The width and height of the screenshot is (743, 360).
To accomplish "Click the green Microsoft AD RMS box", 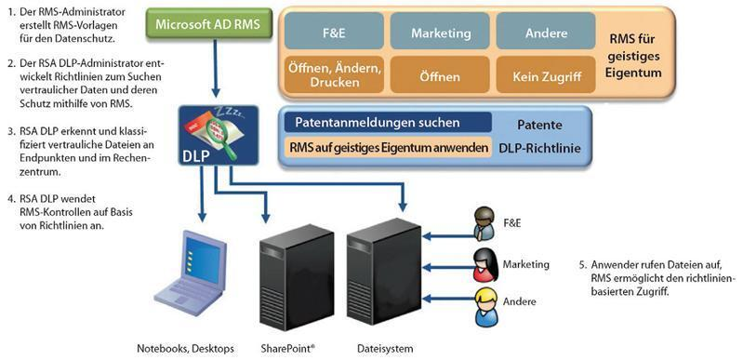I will (x=206, y=22).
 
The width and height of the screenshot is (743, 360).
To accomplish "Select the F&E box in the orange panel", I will (x=334, y=33).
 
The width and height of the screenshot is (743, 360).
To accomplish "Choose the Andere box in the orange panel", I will (x=545, y=33).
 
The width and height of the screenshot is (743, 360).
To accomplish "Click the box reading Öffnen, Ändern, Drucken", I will (x=334, y=73).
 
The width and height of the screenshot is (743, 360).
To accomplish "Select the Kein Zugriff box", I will (x=545, y=73).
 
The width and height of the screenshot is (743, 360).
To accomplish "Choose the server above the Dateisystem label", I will (x=377, y=270).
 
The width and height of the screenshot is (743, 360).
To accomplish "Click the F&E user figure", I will (x=484, y=224).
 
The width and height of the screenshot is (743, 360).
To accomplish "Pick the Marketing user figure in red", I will (x=484, y=265).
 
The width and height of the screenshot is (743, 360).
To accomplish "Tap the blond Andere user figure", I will (x=484, y=306).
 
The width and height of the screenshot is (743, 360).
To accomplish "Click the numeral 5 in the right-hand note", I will (x=582, y=265).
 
